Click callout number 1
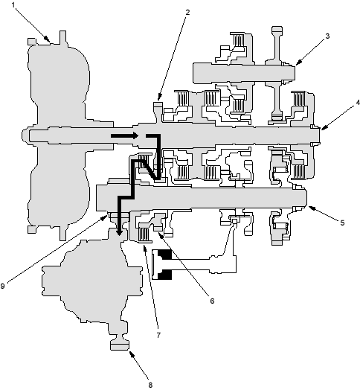tap(13, 4)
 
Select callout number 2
tap(187, 12)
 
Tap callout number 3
tap(327, 36)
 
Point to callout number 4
tap(358, 103)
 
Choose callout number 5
tap(342, 223)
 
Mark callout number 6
tap(212, 301)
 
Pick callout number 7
tap(158, 335)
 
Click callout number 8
tap(150, 385)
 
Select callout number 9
tap(2, 286)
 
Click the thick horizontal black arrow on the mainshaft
tap(124, 135)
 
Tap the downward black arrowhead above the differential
tap(119, 232)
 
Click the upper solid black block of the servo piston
tap(165, 255)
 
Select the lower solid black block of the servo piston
tap(165, 275)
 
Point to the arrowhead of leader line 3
tap(298, 63)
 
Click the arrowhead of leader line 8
tap(131, 354)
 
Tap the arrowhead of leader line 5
tap(312, 208)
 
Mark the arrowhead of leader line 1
tap(47, 39)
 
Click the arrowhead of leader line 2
tap(159, 97)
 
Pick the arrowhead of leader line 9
tap(104, 218)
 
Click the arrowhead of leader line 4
tap(324, 127)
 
